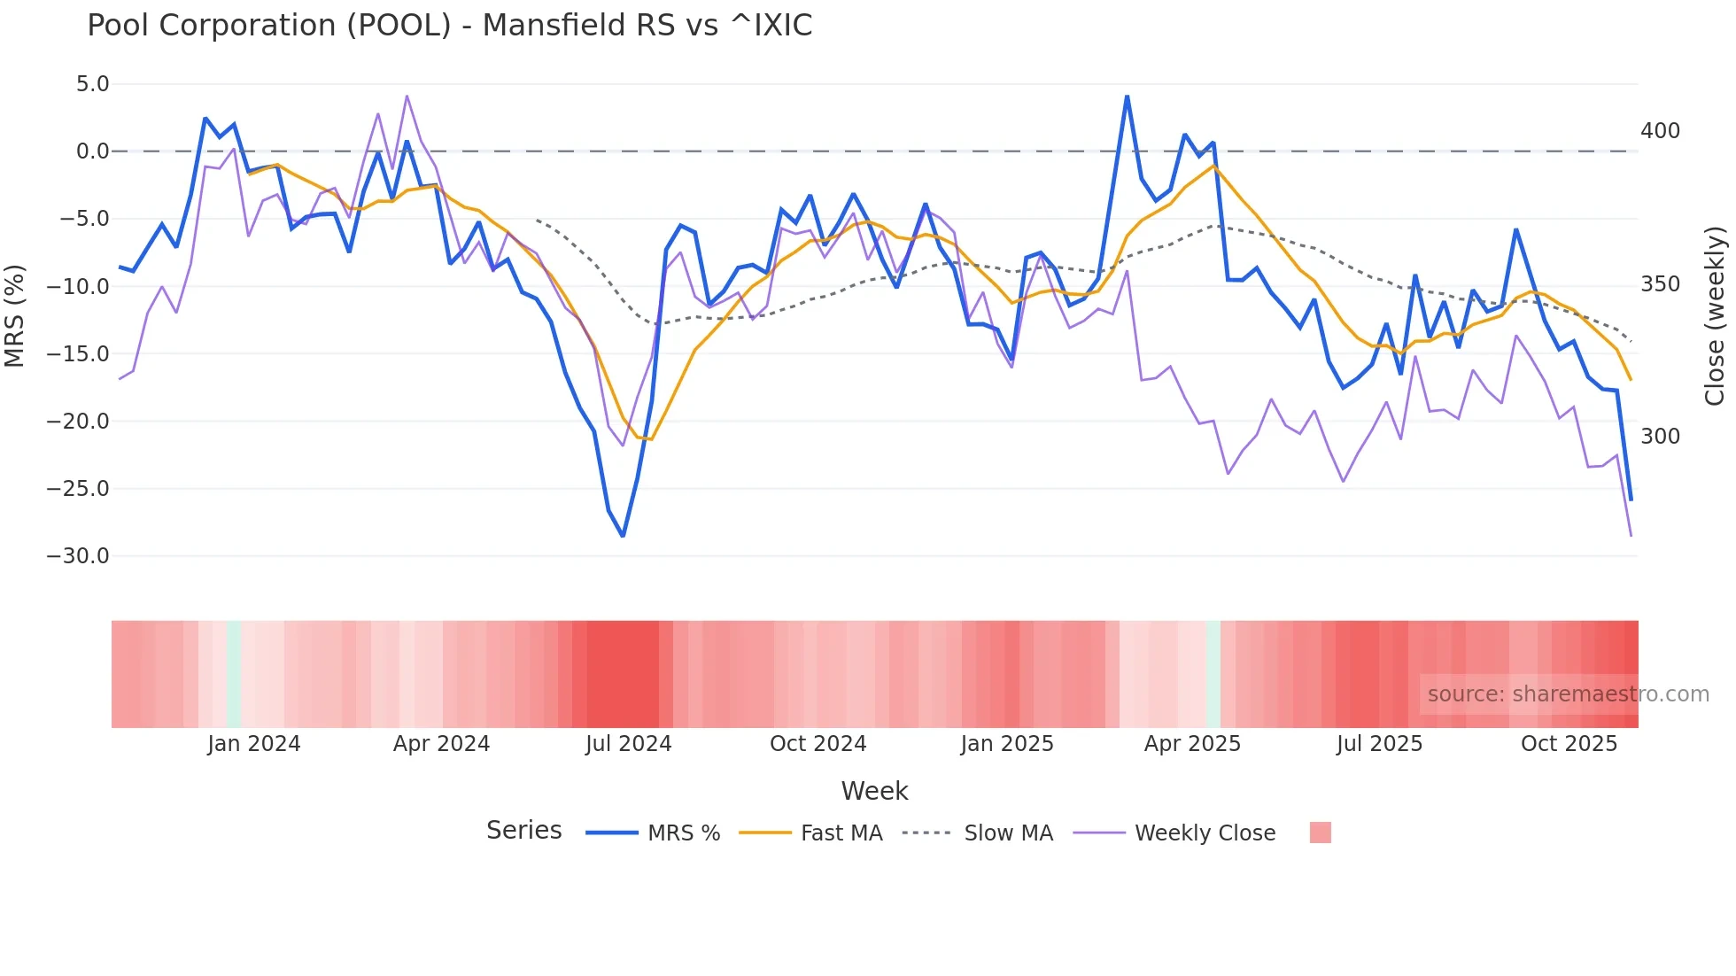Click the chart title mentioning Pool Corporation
coord(449,26)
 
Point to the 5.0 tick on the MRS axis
coord(92,84)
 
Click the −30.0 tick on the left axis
coord(78,556)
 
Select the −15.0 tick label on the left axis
coord(78,354)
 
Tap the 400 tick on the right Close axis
coord(1660,131)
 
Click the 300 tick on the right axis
coord(1660,437)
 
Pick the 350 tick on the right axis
coord(1660,284)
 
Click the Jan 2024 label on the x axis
coord(254,744)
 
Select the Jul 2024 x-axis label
coord(628,744)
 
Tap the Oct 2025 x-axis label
coord(1569,744)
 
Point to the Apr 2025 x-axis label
coord(1192,744)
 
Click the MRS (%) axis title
coord(14,316)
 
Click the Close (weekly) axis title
coord(1716,316)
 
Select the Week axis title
coord(874,791)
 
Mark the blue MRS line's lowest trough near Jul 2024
coord(623,536)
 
